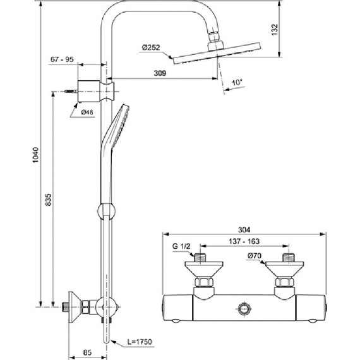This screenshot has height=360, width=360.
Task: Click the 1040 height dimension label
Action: coord(36,155)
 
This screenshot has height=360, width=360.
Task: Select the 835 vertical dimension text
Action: coord(48,200)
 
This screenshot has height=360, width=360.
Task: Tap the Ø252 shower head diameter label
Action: coord(151,47)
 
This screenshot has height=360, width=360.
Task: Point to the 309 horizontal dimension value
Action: coord(160,73)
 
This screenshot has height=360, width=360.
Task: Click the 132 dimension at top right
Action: coord(275,30)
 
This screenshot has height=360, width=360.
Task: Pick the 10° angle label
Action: coord(237,82)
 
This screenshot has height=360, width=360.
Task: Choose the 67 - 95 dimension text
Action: coord(62,59)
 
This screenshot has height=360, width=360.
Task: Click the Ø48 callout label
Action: coord(87,112)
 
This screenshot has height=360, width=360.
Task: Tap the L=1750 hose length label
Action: coord(140,342)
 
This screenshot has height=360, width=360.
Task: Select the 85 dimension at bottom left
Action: coord(87,352)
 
